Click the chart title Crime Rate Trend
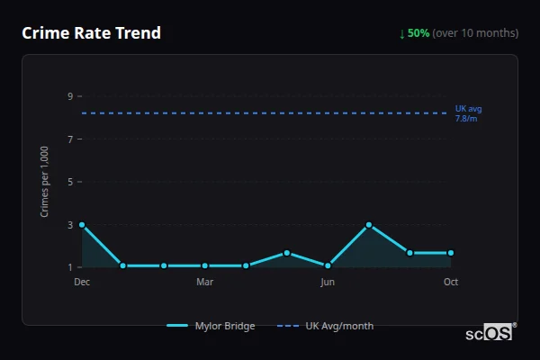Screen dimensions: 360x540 (91, 33)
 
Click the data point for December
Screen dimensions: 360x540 (82, 224)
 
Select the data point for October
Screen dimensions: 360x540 (451, 253)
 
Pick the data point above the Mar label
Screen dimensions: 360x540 (205, 265)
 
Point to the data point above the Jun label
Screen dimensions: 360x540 (328, 265)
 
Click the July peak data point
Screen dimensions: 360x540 (369, 224)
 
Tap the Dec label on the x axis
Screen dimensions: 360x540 (82, 282)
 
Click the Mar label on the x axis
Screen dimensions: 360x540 (205, 282)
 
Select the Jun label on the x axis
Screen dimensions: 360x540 (328, 282)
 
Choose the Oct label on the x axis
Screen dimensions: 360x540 (451, 282)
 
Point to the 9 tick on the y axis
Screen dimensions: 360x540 (69, 96)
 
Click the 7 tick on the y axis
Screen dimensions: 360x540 (69, 139)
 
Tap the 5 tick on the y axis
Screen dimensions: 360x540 (69, 182)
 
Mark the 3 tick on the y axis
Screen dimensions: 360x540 (69, 224)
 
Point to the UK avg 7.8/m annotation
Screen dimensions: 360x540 (468, 113)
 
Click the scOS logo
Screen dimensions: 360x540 (490, 333)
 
